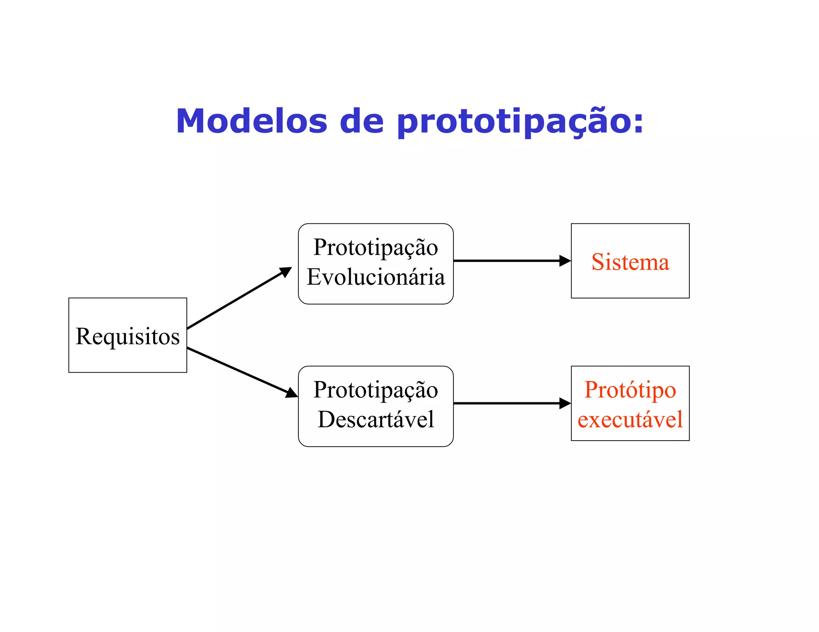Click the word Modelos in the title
(x=252, y=121)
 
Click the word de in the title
(x=362, y=121)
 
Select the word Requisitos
(x=128, y=336)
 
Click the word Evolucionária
(x=376, y=277)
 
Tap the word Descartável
(x=376, y=419)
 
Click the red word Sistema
(x=630, y=262)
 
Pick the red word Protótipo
(x=630, y=390)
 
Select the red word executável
(x=630, y=419)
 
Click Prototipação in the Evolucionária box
(x=376, y=248)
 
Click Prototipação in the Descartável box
(x=376, y=390)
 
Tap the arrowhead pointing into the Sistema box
(x=565, y=261)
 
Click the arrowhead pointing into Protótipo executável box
(x=565, y=403)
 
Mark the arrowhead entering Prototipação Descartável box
(x=292, y=393)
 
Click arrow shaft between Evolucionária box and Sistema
(x=506, y=261)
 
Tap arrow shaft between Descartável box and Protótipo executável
(x=506, y=403)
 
